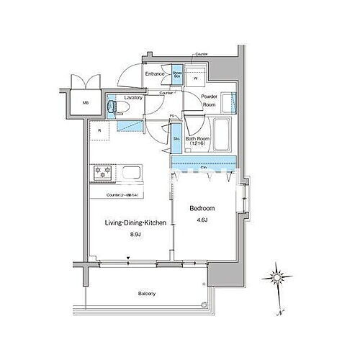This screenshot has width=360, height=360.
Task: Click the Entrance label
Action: [156, 74]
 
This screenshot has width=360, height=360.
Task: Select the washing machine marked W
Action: [195, 76]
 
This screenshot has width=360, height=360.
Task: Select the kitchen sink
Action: [131, 174]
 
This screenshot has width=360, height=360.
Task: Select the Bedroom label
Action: [202, 207]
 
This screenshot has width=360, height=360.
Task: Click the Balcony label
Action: [146, 294]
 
